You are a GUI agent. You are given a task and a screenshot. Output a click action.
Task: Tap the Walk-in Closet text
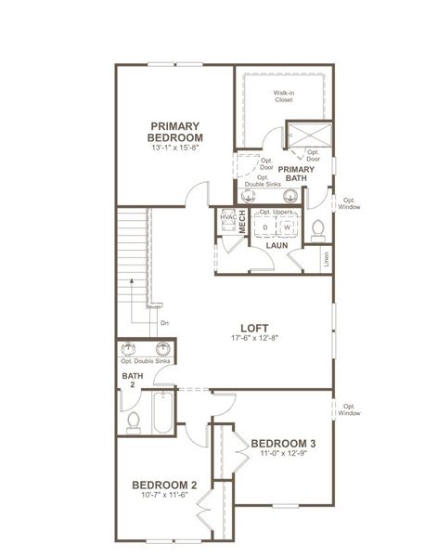[x=283, y=97]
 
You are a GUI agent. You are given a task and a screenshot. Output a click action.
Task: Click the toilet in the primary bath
[x=318, y=227]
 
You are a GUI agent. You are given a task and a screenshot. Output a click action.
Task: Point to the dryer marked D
[x=265, y=227]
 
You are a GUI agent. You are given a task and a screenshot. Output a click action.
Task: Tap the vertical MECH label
[x=241, y=223]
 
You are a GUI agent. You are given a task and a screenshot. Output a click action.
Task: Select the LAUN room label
[x=276, y=246]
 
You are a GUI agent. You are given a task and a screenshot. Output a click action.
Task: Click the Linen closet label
[x=326, y=261]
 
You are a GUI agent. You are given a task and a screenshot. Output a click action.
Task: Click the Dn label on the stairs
[x=163, y=322]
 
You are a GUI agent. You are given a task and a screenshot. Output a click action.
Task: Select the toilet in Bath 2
[x=133, y=422]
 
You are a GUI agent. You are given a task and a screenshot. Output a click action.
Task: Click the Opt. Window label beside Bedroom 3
[x=349, y=409]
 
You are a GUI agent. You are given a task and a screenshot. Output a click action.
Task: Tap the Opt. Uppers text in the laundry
[x=276, y=213]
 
